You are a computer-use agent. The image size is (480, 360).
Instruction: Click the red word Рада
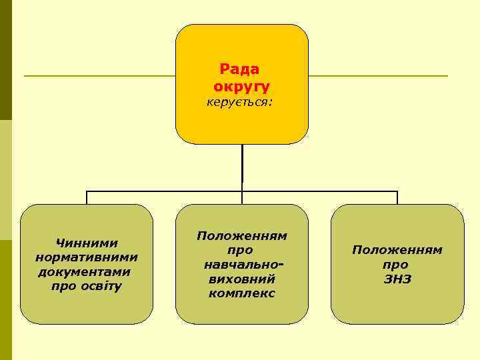click(x=241, y=69)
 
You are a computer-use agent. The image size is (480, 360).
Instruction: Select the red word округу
click(x=241, y=87)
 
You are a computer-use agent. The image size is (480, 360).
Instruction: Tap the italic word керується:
click(x=241, y=103)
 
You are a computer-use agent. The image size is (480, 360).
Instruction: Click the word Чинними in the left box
click(x=87, y=244)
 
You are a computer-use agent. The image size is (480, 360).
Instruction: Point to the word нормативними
click(x=87, y=257)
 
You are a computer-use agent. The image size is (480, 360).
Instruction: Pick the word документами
click(x=85, y=272)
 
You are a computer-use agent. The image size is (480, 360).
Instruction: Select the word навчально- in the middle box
click(x=241, y=265)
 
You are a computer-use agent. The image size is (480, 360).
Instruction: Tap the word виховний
click(x=241, y=279)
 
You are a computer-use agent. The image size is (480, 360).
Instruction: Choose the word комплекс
click(x=241, y=293)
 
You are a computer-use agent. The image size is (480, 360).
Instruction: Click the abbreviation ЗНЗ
click(x=397, y=279)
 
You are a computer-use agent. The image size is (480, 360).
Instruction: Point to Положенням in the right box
click(x=397, y=250)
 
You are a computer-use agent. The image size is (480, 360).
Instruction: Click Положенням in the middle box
click(x=241, y=237)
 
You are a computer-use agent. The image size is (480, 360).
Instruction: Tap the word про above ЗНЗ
click(x=397, y=265)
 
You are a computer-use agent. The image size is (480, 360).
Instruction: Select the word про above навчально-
click(x=241, y=251)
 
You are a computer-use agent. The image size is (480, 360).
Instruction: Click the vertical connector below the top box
click(x=242, y=167)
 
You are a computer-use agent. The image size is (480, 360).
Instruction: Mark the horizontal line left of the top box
click(x=100, y=76)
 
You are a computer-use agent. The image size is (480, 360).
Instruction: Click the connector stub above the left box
click(x=87, y=197)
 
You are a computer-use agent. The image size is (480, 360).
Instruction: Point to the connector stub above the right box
click(x=397, y=197)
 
